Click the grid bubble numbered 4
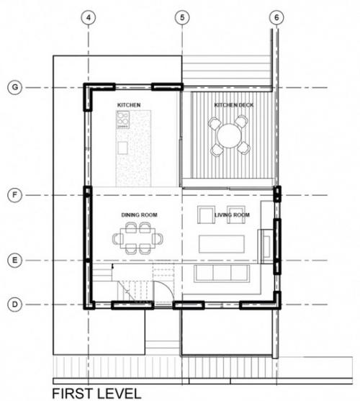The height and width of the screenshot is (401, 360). pyautogui.click(x=89, y=18)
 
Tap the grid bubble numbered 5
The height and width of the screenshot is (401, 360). pyautogui.click(x=182, y=18)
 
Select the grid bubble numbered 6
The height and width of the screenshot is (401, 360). pyautogui.click(x=276, y=18)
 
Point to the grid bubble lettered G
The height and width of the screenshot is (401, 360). pyautogui.click(x=15, y=87)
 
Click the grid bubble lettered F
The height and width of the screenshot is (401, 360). pyautogui.click(x=15, y=195)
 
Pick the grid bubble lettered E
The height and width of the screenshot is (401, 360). pyautogui.click(x=15, y=261)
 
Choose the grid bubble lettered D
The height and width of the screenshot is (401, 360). pyautogui.click(x=15, y=305)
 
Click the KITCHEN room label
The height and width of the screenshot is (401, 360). pyautogui.click(x=129, y=105)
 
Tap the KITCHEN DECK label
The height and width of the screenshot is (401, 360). pyautogui.click(x=234, y=105)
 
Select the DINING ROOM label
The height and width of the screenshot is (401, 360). pyautogui.click(x=139, y=215)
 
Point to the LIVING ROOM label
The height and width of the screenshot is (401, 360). pyautogui.click(x=232, y=215)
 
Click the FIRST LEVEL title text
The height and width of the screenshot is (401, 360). pyautogui.click(x=96, y=393)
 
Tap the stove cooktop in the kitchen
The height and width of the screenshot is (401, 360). pyautogui.click(x=123, y=120)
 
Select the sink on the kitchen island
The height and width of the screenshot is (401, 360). pyautogui.click(x=122, y=148)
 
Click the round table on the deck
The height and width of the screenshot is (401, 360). pyautogui.click(x=229, y=136)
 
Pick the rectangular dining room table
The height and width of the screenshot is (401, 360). pyautogui.click(x=138, y=238)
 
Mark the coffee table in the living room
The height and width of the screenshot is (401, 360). pyautogui.click(x=222, y=244)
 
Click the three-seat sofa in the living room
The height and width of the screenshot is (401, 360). pyautogui.click(x=222, y=274)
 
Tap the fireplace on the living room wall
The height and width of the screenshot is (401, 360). pyautogui.click(x=266, y=246)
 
